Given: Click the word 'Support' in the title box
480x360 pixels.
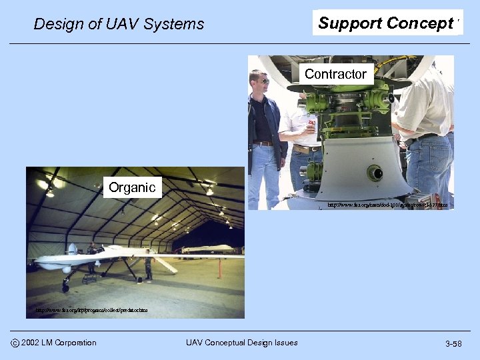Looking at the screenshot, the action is click(349, 23).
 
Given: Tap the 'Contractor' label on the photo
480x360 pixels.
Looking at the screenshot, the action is click(335, 74).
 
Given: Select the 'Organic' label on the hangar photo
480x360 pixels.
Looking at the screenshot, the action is click(132, 187).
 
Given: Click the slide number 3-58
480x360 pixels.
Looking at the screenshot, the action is click(453, 343).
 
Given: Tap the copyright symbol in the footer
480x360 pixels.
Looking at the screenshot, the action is click(14, 343).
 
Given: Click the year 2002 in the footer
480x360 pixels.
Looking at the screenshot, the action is click(32, 343).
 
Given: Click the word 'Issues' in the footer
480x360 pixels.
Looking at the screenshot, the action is click(285, 343).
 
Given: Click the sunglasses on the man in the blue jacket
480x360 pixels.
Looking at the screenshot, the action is click(263, 81).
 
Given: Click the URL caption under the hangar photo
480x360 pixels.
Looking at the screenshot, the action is click(91, 310).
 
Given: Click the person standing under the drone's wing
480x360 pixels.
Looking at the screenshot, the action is click(148, 266).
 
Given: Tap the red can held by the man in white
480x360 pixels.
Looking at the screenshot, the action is click(311, 123).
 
